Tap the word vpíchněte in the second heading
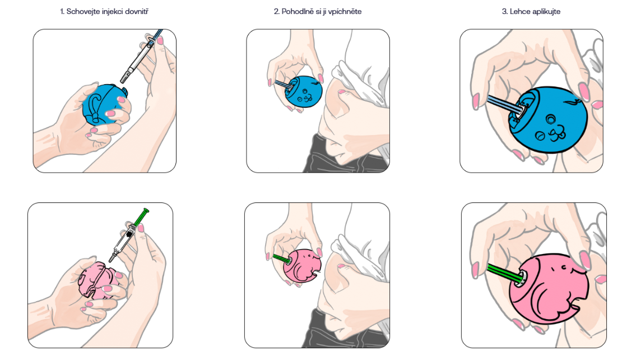point(345,12)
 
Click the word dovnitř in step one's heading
point(137,12)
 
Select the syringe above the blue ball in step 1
point(142,56)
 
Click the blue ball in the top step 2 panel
point(303,92)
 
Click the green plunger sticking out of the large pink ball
point(503,273)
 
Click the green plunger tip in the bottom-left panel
point(146,211)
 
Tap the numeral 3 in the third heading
point(504,12)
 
